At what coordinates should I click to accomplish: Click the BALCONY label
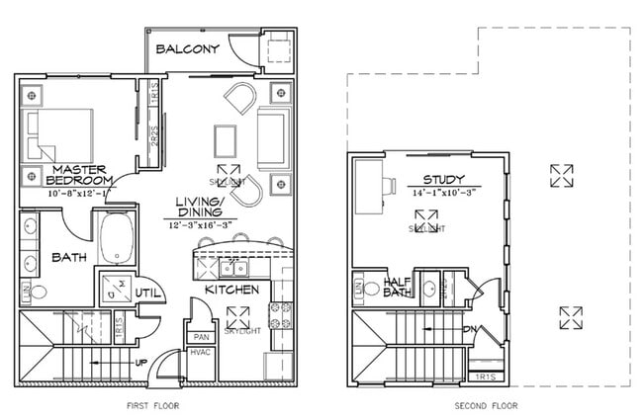pos(188,49)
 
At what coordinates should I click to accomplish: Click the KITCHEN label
pos(231,290)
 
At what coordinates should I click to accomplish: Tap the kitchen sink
pos(234,267)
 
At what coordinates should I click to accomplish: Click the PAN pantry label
pos(199,336)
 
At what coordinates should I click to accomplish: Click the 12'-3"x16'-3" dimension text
pos(202,225)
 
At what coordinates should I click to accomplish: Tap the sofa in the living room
pos(273,139)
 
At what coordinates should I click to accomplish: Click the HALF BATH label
pos(396,288)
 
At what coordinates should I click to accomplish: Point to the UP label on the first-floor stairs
pos(140,363)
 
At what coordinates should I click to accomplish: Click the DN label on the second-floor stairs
pos(473,330)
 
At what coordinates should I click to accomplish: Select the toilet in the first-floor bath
pos(40,293)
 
